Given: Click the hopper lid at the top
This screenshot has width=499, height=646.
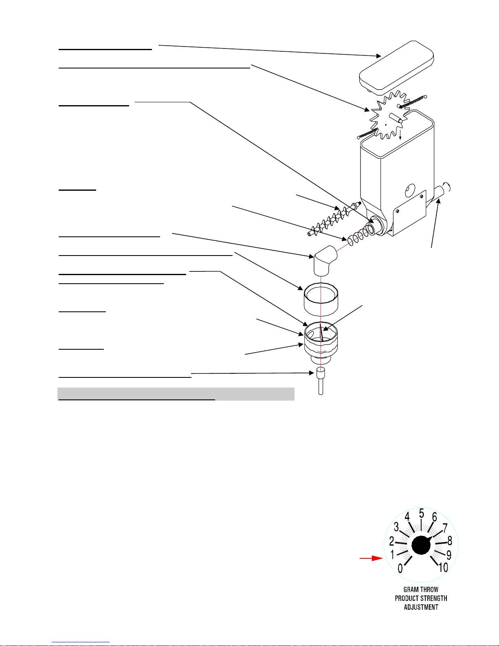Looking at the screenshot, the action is [396, 68].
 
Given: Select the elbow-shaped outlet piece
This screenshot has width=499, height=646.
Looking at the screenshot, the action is [325, 260].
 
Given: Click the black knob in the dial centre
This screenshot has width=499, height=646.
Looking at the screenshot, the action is [421, 545].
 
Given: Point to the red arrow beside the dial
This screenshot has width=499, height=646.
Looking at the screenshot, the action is [371, 558].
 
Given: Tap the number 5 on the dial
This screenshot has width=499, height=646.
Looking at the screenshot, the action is [422, 513].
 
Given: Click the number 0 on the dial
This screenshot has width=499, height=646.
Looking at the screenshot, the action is [400, 569].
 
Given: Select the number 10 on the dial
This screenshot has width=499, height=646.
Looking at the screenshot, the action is [443, 567].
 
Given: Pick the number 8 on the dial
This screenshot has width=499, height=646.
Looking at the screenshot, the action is [450, 541].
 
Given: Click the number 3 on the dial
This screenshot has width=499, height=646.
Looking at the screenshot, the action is [396, 527].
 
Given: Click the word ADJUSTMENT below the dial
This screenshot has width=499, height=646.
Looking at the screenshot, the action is [421, 607].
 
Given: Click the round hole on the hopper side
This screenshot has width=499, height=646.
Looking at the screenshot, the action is [410, 190].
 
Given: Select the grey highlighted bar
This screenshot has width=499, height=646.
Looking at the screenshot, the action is [176, 394].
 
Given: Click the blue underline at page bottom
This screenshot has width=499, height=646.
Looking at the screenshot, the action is [81, 642].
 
